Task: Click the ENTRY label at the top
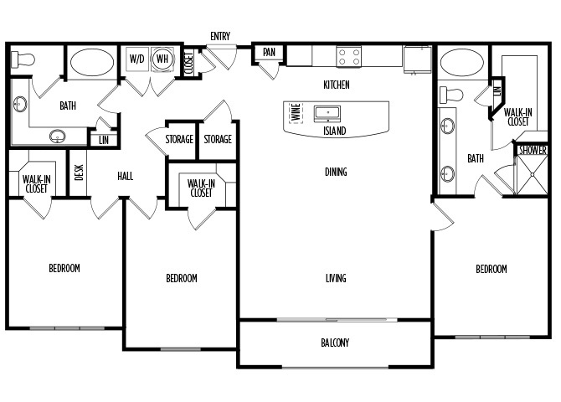(220, 36)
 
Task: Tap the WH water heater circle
(162, 59)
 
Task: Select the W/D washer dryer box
(137, 59)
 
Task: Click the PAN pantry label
(269, 52)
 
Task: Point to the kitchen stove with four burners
(349, 57)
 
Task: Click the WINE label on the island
(296, 112)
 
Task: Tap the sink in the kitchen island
(327, 113)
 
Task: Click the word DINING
(336, 172)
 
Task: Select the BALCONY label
(335, 343)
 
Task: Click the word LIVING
(336, 278)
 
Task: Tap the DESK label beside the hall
(79, 173)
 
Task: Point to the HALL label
(126, 176)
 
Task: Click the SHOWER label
(533, 151)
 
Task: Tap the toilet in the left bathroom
(23, 59)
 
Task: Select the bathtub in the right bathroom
(462, 62)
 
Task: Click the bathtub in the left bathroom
(92, 62)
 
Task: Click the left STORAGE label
(179, 139)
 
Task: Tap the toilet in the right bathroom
(451, 95)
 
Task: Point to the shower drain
(533, 175)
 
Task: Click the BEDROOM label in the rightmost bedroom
(492, 269)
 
